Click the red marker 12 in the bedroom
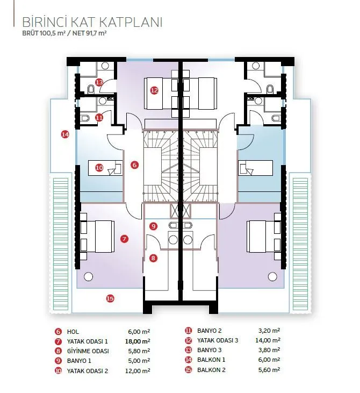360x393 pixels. (154, 90)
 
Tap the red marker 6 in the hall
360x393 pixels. (134, 165)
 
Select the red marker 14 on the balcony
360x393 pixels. (65, 134)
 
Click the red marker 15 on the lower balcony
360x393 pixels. (110, 298)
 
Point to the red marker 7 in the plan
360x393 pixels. (124, 239)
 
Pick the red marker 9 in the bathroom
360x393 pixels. (153, 226)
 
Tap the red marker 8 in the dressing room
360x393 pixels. (153, 258)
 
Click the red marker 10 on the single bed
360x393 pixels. (99, 167)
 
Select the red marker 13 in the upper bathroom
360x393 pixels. (99, 82)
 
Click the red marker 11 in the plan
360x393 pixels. (99, 117)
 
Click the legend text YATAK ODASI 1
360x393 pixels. (87, 341)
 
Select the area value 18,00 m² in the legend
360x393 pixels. (138, 341)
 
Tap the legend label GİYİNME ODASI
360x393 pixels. (88, 351)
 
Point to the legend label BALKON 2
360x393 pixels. (211, 370)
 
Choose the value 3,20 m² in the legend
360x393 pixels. (269, 331)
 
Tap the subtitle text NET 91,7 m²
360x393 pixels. (89, 33)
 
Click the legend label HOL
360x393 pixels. (73, 332)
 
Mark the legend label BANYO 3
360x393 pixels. (210, 350)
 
